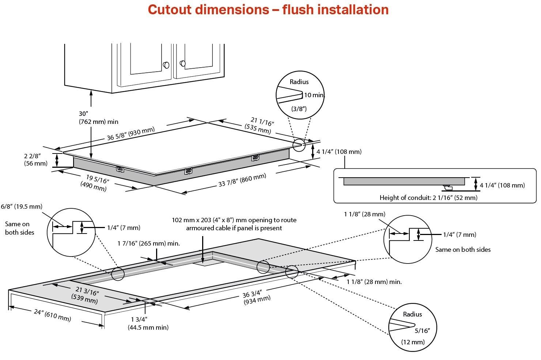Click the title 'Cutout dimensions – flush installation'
[268, 10]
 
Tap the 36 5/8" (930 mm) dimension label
[130, 134]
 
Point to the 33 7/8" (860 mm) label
[242, 180]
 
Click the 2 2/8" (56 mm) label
[35, 160]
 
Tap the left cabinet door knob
[166, 65]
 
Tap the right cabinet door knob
[182, 64]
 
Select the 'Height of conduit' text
[428, 198]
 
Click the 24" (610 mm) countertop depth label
[52, 315]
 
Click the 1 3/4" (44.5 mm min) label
[148, 323]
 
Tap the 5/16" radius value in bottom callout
[422, 331]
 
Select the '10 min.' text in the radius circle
[314, 95]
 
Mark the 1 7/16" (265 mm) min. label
[148, 243]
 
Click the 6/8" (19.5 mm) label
[21, 206]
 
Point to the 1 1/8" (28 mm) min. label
[374, 282]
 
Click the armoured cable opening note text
[234, 224]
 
